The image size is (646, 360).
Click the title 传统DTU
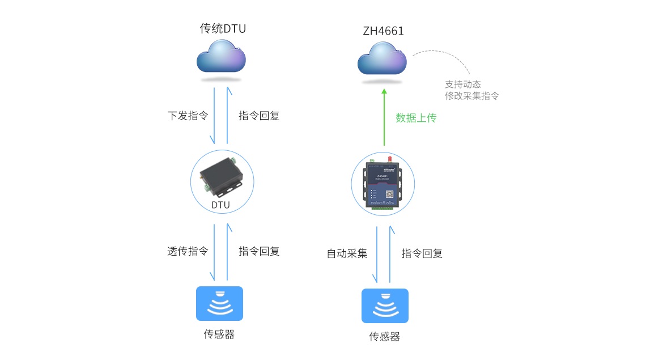223,28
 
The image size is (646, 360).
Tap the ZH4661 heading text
383,31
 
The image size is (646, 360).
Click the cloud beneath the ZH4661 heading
382,60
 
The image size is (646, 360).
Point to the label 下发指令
188,116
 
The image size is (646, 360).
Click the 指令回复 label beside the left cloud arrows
259,116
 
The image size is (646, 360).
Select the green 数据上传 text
416,118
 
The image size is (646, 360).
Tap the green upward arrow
384,116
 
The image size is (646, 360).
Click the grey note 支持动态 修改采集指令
471,90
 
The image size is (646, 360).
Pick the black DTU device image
221,174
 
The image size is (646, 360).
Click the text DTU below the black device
221,205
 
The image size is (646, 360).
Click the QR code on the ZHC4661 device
390,194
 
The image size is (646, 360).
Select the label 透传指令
188,251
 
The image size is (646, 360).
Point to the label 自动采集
347,253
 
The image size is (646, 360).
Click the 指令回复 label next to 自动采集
422,253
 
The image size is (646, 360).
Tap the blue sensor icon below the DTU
219,303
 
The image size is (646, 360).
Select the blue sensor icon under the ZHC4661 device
385,306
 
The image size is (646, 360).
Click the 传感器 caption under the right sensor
384,337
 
